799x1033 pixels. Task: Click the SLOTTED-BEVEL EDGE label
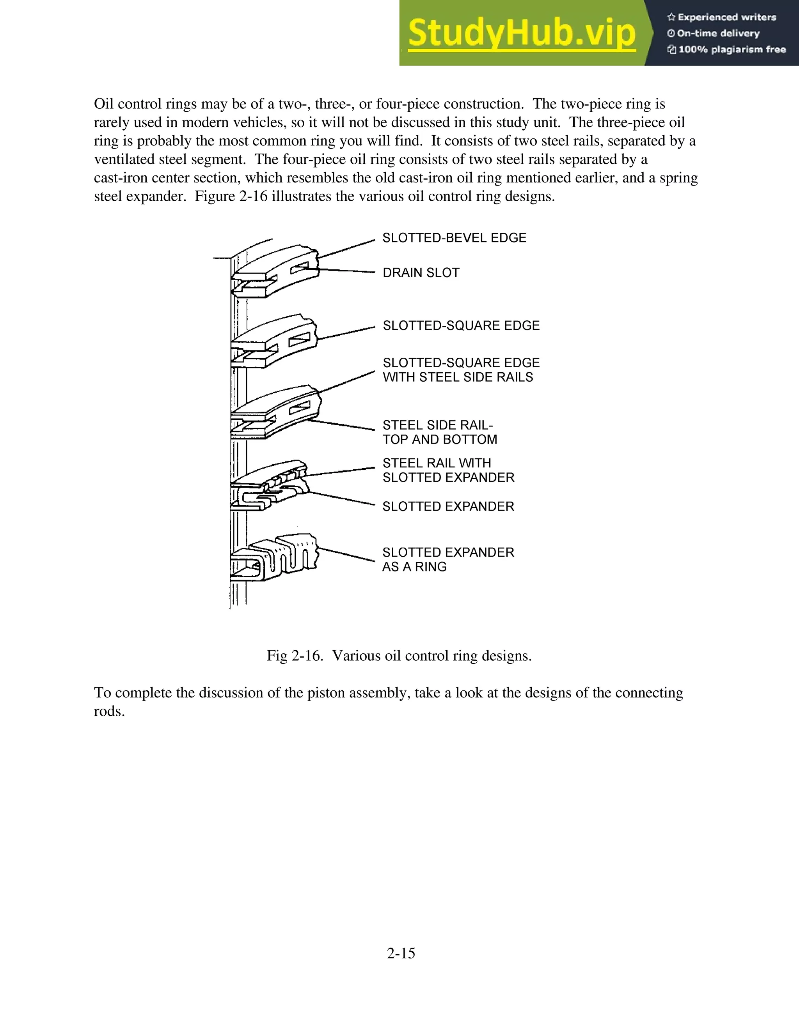click(454, 238)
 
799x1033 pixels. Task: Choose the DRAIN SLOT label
click(421, 273)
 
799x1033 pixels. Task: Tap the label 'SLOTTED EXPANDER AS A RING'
click(448, 559)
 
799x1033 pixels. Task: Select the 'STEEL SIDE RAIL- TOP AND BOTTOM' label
click(440, 432)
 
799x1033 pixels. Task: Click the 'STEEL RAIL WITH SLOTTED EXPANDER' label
click(448, 470)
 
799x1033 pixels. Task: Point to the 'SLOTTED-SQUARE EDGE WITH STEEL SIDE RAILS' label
click(461, 370)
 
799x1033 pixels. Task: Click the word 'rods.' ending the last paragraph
click(109, 711)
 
